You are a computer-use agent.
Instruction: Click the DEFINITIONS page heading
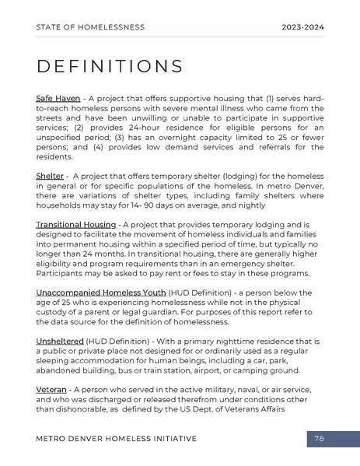point(110,66)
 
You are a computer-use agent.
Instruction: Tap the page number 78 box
point(320,439)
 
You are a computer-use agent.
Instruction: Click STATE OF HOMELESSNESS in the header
point(90,27)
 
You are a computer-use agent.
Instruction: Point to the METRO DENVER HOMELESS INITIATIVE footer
point(117,439)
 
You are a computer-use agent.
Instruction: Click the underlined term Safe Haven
point(58,99)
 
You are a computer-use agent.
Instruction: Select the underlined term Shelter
point(50,176)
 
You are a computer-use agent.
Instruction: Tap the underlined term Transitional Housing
point(76,225)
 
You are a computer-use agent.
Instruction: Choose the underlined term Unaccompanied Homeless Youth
point(106,293)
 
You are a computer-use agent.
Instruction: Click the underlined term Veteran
point(51,390)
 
